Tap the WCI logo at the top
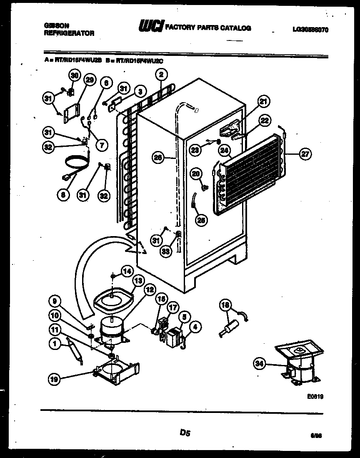tap(151, 27)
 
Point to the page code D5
tap(185, 433)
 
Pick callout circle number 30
tap(74, 76)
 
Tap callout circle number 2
tap(161, 75)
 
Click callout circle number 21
tap(263, 101)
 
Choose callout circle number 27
tap(305, 154)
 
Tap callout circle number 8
tap(63, 194)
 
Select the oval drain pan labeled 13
tap(112, 298)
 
